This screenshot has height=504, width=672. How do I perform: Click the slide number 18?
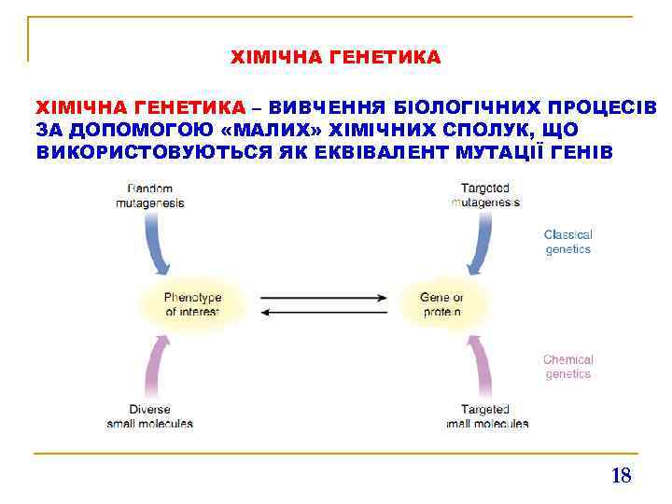pos(621,476)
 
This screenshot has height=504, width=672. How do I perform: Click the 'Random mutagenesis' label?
pos(150,195)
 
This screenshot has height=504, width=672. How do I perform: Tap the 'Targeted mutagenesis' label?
pos(485,195)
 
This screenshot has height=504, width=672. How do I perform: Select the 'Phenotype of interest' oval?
pos(192,304)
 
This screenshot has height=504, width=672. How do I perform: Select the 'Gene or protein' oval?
pos(441,304)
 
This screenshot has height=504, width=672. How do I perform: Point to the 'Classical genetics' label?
pos(567,243)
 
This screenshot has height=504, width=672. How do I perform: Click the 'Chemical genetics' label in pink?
pos(567,367)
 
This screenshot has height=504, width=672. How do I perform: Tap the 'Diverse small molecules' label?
pos(150,416)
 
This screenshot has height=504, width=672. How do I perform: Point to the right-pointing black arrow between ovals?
pos(323,298)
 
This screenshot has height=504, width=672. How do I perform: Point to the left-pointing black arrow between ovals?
pos(323,313)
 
